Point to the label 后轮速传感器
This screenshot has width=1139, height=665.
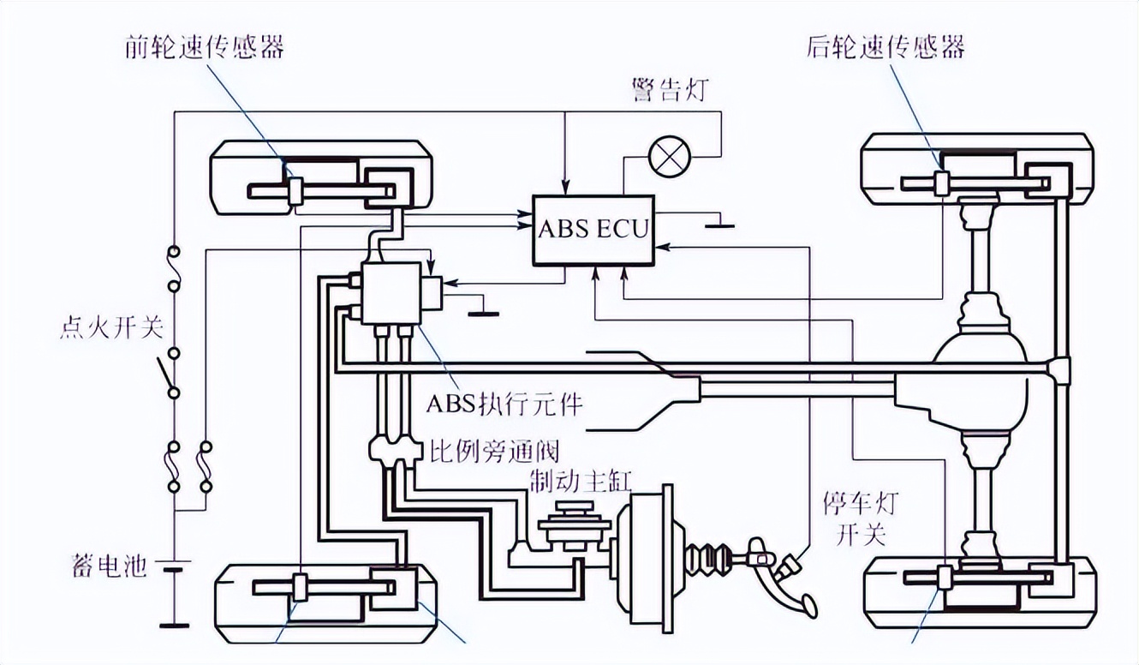pyautogui.click(x=886, y=46)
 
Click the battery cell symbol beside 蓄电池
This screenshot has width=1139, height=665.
pyautogui.click(x=174, y=569)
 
